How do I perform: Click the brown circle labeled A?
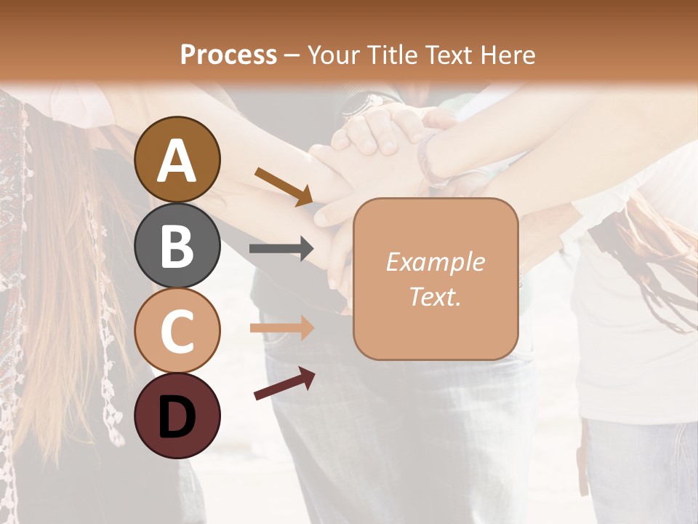177,159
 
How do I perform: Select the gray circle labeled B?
177,245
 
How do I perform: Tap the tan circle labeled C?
177,331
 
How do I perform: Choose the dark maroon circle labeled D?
177,416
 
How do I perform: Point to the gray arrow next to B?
281,249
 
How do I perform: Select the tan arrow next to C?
281,328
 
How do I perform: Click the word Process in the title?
228,55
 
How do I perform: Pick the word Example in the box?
435,262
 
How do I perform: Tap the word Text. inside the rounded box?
435,296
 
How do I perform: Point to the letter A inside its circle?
177,161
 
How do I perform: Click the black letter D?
177,417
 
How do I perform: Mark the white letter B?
177,246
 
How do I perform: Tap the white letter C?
177,332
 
